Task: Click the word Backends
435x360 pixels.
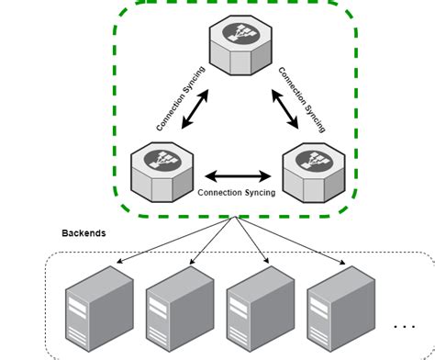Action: tap(84, 233)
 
